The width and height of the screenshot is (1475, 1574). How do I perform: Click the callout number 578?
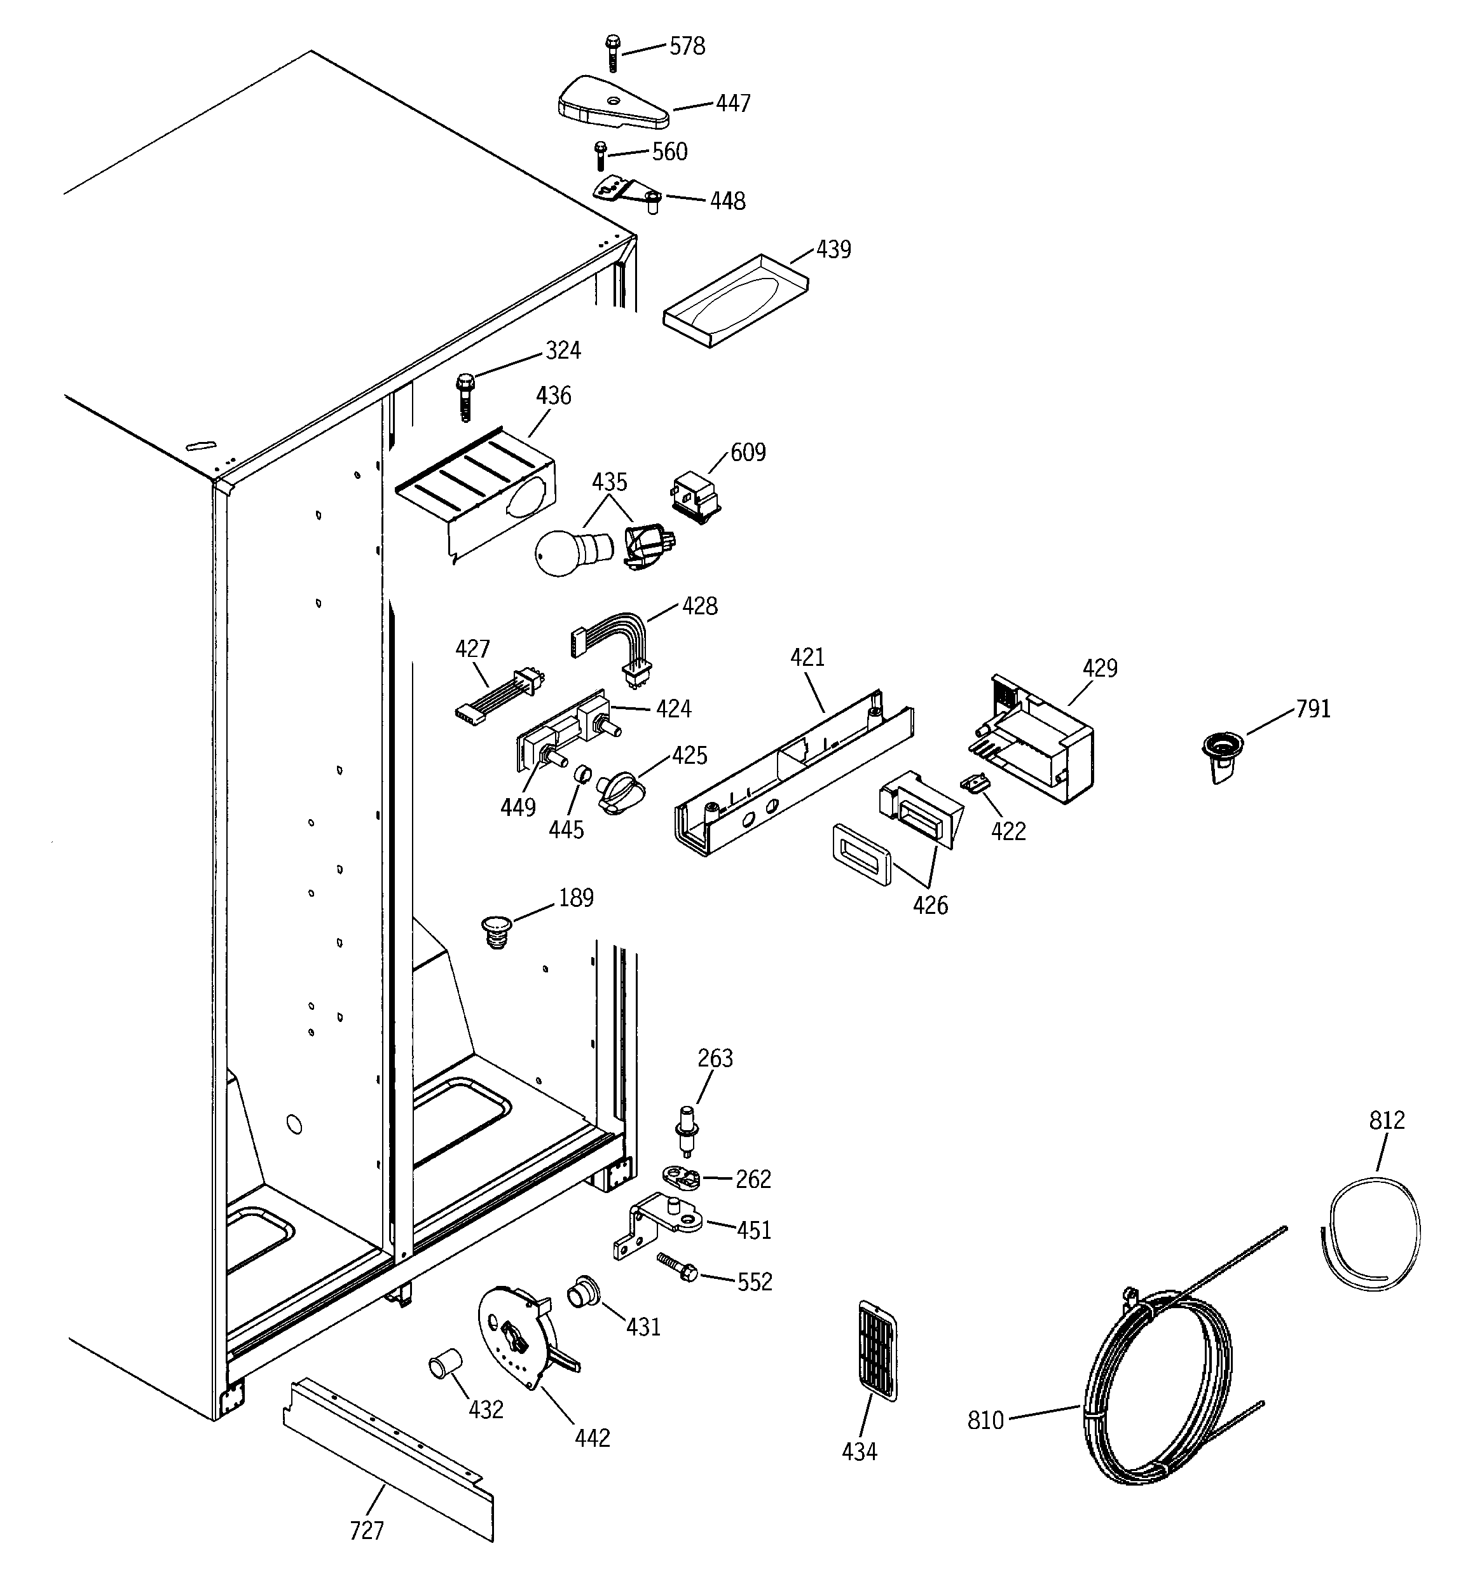[687, 46]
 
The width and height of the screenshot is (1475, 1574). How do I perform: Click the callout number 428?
[699, 607]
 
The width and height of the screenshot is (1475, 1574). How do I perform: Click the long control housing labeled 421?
[792, 772]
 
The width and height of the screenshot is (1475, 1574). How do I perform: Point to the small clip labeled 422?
[975, 782]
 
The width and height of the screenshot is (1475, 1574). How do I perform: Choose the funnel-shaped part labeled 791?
[1222, 756]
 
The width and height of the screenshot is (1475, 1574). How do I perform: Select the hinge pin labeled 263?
[685, 1131]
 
